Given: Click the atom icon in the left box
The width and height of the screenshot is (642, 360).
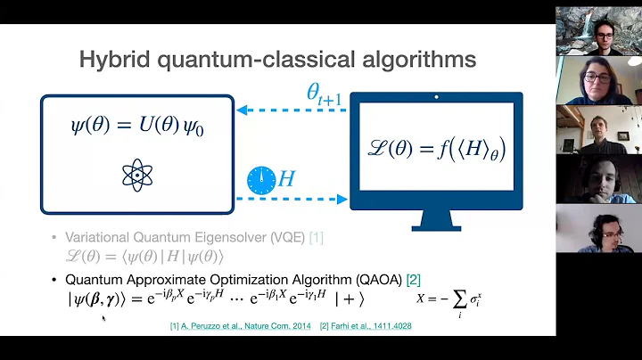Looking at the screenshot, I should click(x=137, y=175).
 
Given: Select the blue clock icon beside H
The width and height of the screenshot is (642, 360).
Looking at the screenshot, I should click(x=260, y=181).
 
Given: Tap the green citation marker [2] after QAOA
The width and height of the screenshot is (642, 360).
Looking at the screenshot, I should click(x=413, y=279).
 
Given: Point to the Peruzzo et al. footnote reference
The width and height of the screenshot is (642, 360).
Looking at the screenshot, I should click(x=240, y=326).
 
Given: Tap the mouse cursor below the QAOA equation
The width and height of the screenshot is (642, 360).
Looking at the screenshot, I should click(x=103, y=317).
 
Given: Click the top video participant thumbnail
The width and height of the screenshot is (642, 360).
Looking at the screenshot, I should click(x=598, y=31).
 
